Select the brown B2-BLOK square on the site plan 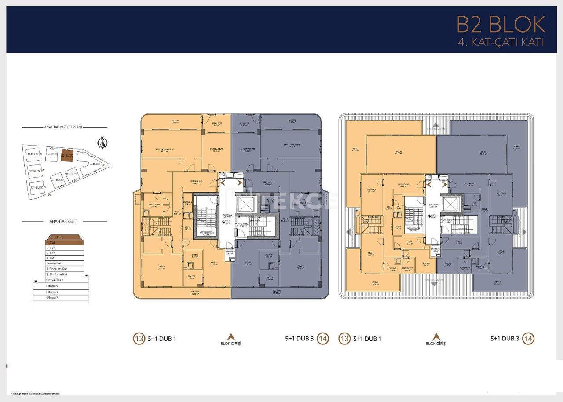[x=67, y=155]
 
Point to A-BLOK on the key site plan [x=95, y=164]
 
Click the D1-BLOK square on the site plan [x=37, y=187]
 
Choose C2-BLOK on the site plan [x=52, y=154]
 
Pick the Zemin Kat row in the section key [x=65, y=263]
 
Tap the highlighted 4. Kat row [x=65, y=242]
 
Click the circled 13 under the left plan [x=139, y=339]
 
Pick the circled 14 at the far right [x=528, y=339]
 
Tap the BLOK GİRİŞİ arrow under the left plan [x=231, y=336]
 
